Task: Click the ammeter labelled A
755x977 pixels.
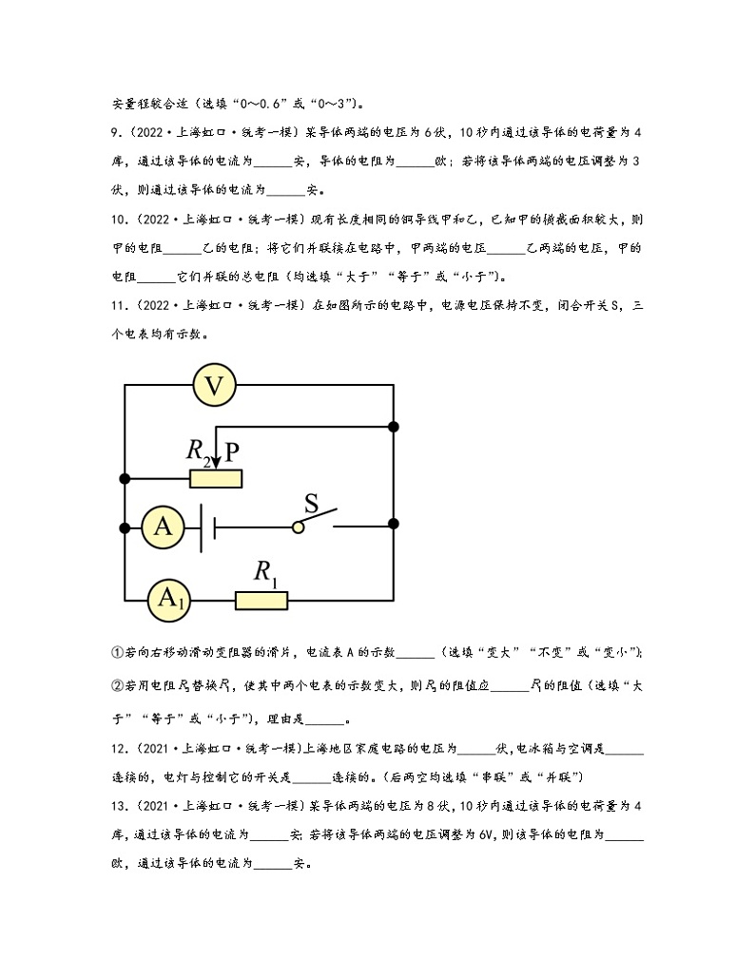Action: (163, 526)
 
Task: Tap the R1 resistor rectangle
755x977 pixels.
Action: (261, 599)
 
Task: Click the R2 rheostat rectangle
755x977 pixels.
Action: (216, 477)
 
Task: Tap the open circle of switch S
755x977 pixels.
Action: (299, 526)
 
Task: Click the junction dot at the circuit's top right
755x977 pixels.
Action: (394, 426)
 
